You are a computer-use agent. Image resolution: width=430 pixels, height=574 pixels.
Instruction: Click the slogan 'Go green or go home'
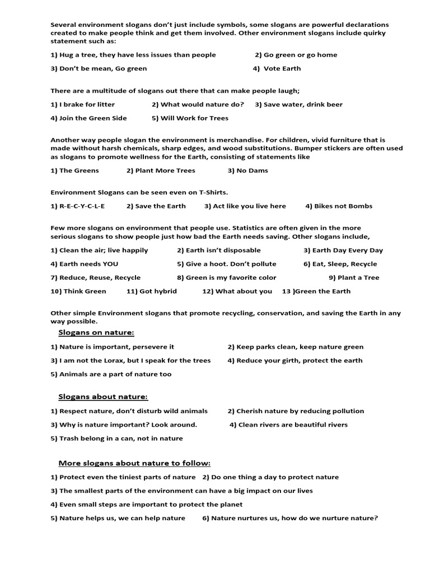[300, 55]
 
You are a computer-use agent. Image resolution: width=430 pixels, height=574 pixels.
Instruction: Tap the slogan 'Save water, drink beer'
[303, 104]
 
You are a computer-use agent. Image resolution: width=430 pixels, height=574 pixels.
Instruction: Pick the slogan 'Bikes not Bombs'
[343, 206]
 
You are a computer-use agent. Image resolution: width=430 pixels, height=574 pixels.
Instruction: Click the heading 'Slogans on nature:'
[96, 333]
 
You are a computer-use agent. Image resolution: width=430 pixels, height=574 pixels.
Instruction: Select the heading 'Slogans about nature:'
[103, 397]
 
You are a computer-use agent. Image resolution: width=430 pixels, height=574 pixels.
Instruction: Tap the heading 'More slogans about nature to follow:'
[134, 463]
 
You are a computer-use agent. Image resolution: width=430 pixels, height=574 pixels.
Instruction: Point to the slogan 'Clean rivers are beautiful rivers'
[293, 425]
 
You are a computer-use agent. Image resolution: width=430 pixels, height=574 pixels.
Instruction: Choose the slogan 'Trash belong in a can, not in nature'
[121, 438]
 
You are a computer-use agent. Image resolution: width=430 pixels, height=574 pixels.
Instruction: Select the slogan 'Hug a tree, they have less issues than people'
[137, 55]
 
